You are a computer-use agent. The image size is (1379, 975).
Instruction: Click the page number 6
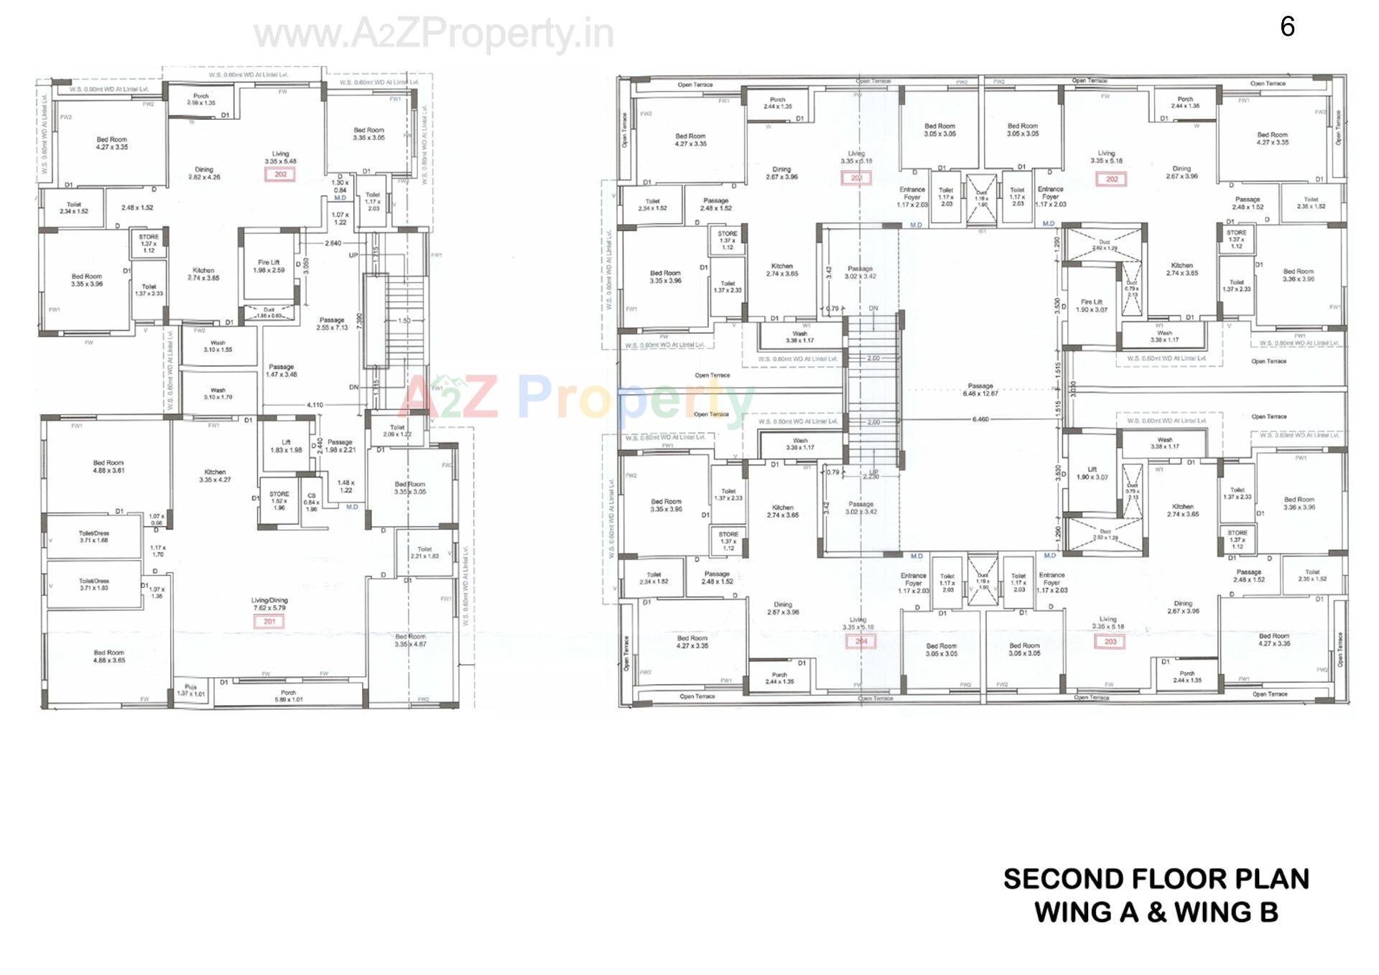pos(1287,27)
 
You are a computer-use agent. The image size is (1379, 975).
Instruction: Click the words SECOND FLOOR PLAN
pos(1156,879)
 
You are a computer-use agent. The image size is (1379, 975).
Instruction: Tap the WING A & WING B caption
pos(1156,913)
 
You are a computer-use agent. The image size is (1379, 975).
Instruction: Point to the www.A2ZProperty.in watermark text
pos(434,34)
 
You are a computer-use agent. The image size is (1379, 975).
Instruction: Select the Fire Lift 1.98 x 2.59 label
pos(269,266)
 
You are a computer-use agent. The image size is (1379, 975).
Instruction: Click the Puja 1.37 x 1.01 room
pos(190,691)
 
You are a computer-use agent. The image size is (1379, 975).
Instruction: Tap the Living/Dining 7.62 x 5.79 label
pos(269,604)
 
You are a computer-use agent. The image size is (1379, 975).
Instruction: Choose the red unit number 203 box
pos(1110,641)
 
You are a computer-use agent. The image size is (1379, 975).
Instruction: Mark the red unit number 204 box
pos(861,641)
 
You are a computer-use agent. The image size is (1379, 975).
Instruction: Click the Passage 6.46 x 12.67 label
pos(980,389)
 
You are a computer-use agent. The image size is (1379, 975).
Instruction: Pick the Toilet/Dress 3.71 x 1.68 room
pos(93,537)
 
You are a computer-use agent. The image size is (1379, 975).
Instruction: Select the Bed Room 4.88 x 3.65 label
pos(109,656)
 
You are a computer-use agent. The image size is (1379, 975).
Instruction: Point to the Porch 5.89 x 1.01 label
pos(288,696)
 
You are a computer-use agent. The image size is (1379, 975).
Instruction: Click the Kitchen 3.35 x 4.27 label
pos(215,475)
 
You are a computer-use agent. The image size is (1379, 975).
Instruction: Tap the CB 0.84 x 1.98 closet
pos(311,502)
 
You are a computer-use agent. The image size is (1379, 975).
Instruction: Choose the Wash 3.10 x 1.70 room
pos(218,393)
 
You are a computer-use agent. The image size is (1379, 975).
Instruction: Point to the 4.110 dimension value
pos(315,405)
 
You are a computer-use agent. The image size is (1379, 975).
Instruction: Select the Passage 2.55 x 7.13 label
pos(332,324)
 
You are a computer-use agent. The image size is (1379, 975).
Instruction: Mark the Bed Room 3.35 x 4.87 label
pos(410,640)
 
